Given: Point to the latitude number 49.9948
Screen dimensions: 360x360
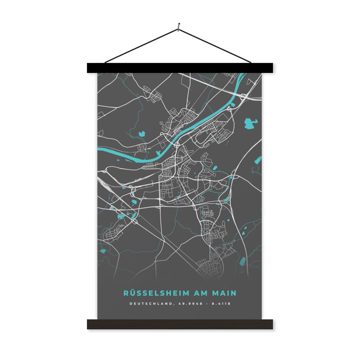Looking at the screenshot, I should point(190,303).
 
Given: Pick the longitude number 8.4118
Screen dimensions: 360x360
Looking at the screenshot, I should point(221,303).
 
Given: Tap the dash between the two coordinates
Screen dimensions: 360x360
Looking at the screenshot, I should point(207,303).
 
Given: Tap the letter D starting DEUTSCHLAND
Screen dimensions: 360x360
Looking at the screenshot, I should point(131,303).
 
